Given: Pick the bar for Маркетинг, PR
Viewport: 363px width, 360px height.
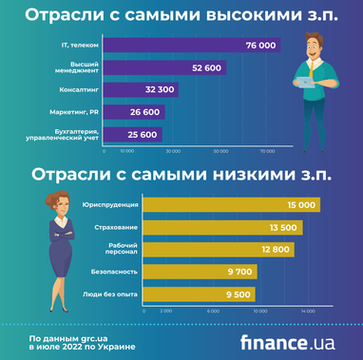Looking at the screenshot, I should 134,111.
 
